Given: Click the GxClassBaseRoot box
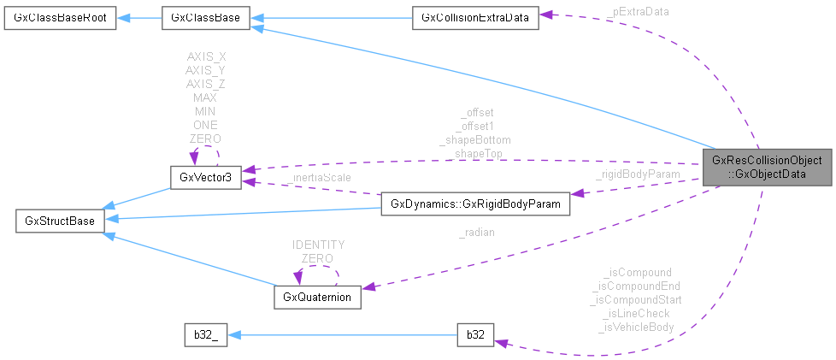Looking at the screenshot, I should [59, 18].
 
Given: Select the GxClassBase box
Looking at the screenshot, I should [205, 18].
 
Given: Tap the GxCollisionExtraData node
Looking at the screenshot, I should [474, 18].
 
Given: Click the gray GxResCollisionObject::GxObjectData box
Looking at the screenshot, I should [766, 168].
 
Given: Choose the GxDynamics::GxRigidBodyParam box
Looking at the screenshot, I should [474, 204].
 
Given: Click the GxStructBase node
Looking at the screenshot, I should [59, 222].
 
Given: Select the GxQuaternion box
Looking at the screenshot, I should [317, 298].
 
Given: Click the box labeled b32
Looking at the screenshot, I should [476, 335].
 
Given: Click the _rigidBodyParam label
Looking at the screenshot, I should [638, 174].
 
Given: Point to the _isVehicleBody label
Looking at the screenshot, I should [637, 327].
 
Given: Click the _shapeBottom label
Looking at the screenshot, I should [475, 139].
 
